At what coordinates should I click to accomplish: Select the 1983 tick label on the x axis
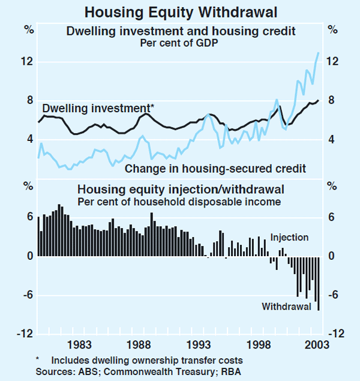coord(79,344)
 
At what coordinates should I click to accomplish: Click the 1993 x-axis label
coord(199,344)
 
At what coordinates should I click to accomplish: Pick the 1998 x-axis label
coord(259,344)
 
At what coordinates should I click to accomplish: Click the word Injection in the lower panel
coord(289,238)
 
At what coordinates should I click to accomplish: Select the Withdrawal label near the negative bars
coord(286,307)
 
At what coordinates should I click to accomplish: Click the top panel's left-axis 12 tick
coord(27,62)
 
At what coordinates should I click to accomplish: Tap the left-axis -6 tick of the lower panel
coord(27,295)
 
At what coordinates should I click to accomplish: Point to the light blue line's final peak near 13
coord(319,53)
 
